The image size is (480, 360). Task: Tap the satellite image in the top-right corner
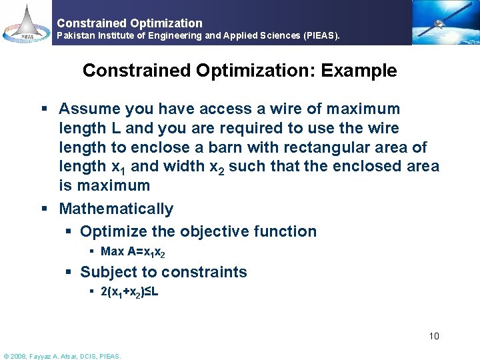443,22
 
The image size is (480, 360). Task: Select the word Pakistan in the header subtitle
76,35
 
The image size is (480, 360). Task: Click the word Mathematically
116,209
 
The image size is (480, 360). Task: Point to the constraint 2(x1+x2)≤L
129,292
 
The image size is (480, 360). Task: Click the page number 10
434,336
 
